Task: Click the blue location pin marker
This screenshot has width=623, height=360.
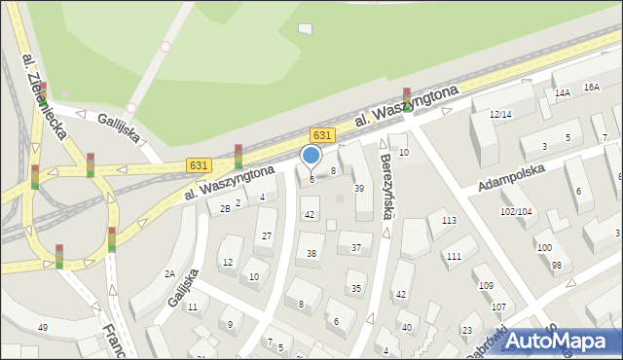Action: (x=311, y=156)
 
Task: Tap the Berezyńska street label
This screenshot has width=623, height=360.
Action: (x=386, y=183)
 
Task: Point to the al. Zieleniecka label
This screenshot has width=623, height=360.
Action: (x=45, y=93)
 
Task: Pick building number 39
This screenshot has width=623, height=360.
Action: (x=358, y=189)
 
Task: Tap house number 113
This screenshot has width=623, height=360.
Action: (x=449, y=221)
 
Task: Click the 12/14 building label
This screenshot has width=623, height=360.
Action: (x=500, y=115)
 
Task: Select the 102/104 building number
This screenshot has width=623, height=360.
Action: (x=517, y=211)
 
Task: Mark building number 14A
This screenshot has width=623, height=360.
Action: (x=563, y=93)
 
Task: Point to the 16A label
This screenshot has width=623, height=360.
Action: (x=592, y=87)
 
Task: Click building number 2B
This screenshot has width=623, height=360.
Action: (x=225, y=208)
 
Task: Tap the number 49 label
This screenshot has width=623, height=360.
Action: (x=43, y=327)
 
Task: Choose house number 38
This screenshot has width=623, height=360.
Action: (x=311, y=254)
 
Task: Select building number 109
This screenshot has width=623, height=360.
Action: (x=485, y=285)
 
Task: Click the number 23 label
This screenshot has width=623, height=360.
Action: (x=466, y=331)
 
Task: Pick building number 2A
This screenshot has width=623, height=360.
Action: (x=169, y=274)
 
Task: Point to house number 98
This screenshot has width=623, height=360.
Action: (x=556, y=266)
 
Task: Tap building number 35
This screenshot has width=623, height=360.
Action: (x=356, y=288)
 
